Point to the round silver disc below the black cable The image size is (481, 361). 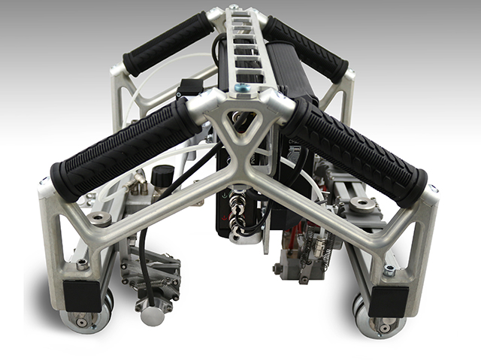click(x=153, y=315)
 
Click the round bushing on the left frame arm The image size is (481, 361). click(x=100, y=219)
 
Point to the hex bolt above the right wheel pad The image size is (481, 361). click(x=389, y=271)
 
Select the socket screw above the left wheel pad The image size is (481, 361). click(x=81, y=265)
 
